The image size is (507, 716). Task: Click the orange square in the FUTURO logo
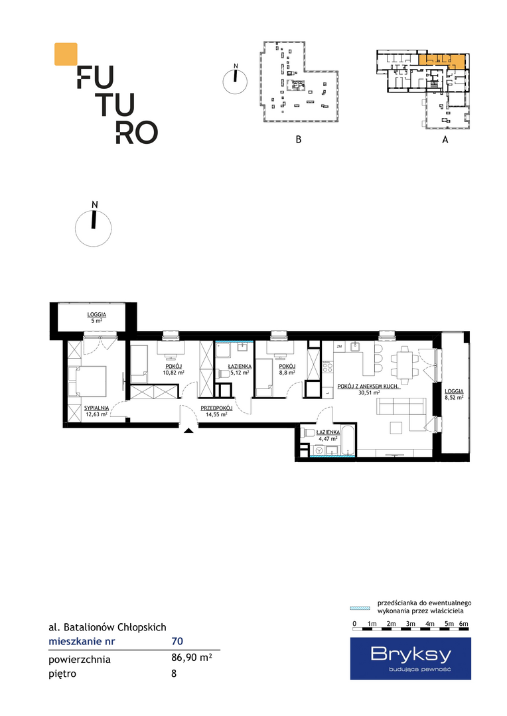[x=66, y=54]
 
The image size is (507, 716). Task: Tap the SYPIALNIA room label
[x=96, y=408]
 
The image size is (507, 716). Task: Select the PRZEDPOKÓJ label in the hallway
[x=217, y=408]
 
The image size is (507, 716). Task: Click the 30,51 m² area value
[x=370, y=392]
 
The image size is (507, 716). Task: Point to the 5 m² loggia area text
[x=96, y=321]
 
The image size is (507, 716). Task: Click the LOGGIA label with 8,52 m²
[x=455, y=391]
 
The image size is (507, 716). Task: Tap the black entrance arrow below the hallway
[x=189, y=430]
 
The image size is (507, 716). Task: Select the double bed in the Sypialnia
[x=87, y=381]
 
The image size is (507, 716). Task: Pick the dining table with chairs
[x=404, y=365]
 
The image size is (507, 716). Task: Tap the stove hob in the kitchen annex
[x=328, y=367]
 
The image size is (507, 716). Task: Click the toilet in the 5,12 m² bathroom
[x=225, y=374]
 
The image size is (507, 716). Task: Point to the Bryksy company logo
[x=411, y=658]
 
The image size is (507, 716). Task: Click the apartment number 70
[x=177, y=641]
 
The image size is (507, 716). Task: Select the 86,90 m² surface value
[x=192, y=658]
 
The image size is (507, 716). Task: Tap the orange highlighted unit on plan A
[x=443, y=60]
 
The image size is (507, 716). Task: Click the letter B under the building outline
[x=299, y=139]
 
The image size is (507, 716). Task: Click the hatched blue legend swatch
[x=360, y=608]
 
